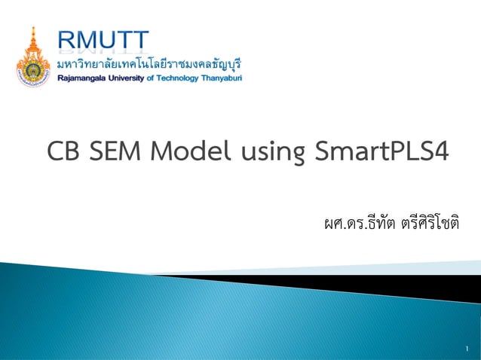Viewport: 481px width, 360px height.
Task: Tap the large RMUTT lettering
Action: (x=104, y=40)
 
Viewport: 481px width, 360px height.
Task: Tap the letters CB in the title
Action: (x=63, y=152)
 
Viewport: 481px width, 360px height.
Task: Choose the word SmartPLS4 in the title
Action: (x=380, y=152)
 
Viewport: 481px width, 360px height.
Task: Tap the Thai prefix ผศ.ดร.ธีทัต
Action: (x=352, y=224)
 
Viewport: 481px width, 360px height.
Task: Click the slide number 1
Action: (x=467, y=347)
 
